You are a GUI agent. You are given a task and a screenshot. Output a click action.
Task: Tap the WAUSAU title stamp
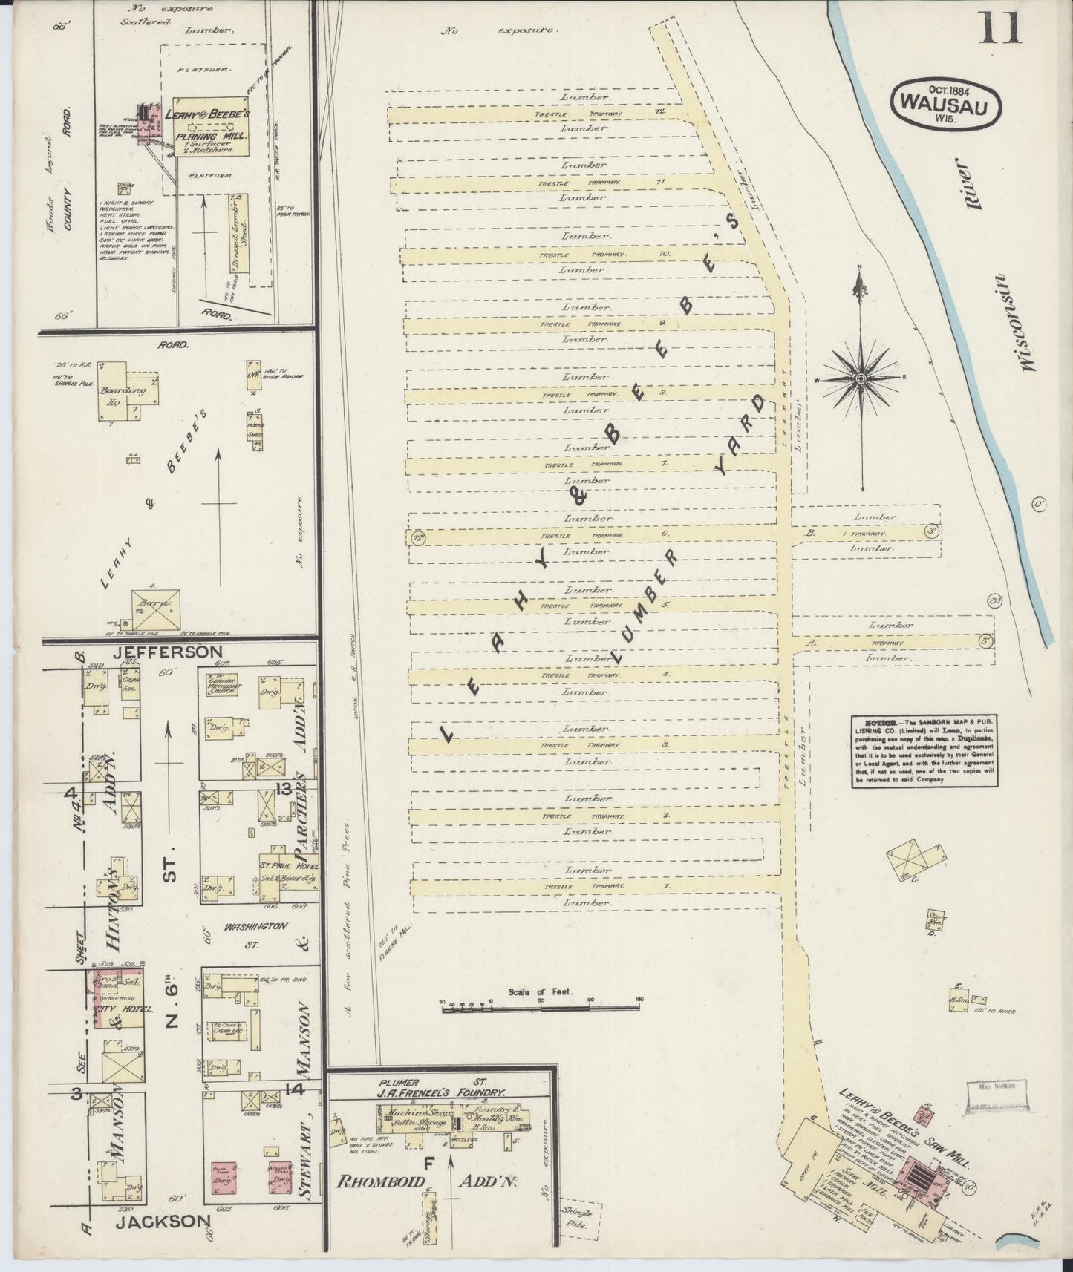(945, 102)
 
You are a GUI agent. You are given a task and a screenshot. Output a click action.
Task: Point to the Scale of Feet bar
(540, 1009)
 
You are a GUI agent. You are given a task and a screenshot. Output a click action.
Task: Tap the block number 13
(283, 788)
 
